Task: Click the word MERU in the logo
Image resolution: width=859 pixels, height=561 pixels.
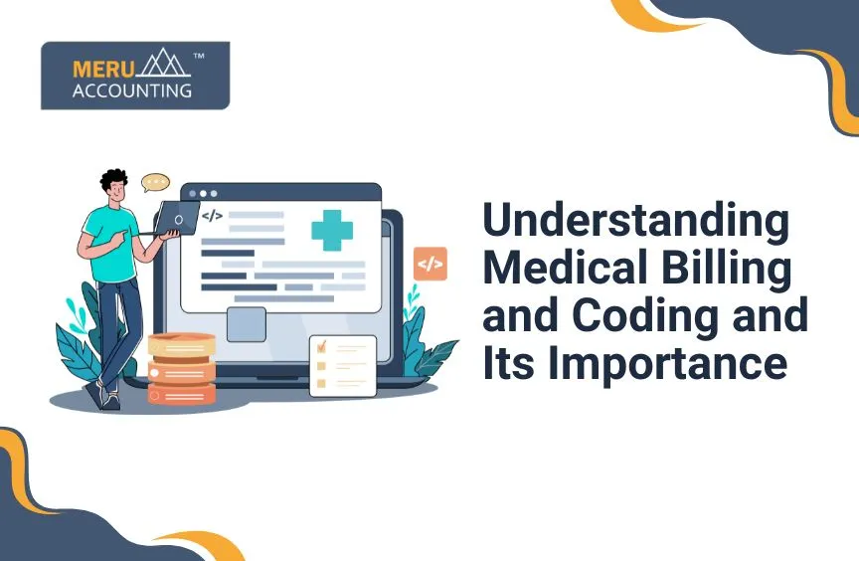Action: coord(101,70)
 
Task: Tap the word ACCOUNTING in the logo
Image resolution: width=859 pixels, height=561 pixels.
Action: coord(131,91)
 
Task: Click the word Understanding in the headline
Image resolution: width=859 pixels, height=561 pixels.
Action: coord(635,222)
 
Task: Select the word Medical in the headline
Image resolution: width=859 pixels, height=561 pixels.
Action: coord(560,269)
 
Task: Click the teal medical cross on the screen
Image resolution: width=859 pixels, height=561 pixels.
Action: coord(332,229)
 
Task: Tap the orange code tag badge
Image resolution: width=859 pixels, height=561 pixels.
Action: coord(430,264)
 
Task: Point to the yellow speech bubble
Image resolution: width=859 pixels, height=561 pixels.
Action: coord(155,183)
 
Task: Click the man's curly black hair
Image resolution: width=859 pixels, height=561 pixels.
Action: coord(113,181)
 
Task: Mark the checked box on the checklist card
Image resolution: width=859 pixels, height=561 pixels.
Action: coord(322,348)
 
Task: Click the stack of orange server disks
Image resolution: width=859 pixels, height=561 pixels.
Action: coord(181,368)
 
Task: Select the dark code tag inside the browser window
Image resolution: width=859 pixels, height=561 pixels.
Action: coord(212,215)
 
